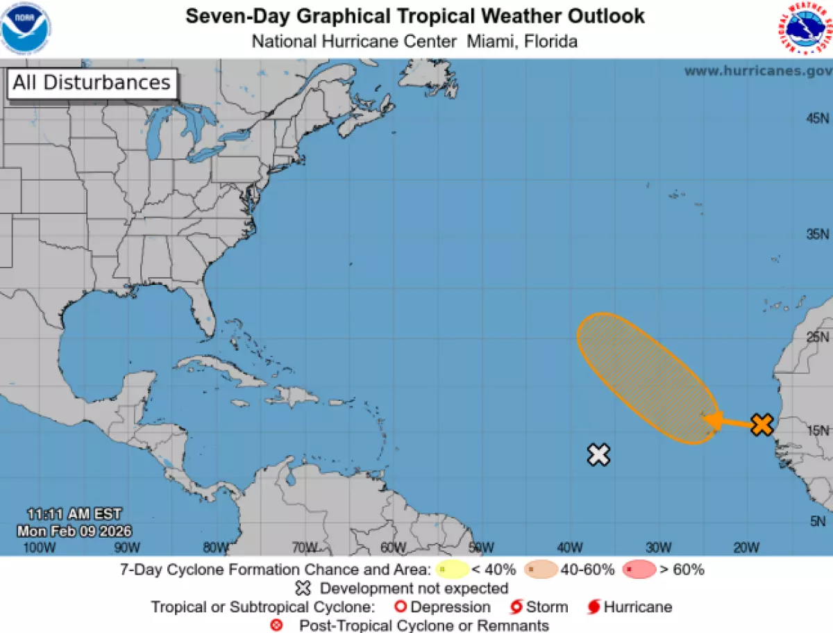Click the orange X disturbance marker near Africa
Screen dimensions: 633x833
[762, 424]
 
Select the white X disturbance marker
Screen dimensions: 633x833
[598, 454]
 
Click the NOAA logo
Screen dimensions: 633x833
[26, 28]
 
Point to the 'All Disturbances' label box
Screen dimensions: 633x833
[92, 83]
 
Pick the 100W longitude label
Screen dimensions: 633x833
[39, 548]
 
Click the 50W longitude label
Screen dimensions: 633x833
[481, 548]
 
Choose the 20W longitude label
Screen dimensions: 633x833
[746, 548]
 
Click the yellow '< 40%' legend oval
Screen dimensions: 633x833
[453, 570]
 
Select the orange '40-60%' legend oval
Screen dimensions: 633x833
[541, 570]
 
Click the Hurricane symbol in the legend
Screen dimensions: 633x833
[594, 607]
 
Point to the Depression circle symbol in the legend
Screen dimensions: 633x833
[401, 607]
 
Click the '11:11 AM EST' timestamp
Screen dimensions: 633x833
[74, 514]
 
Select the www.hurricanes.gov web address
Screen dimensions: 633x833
[758, 71]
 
